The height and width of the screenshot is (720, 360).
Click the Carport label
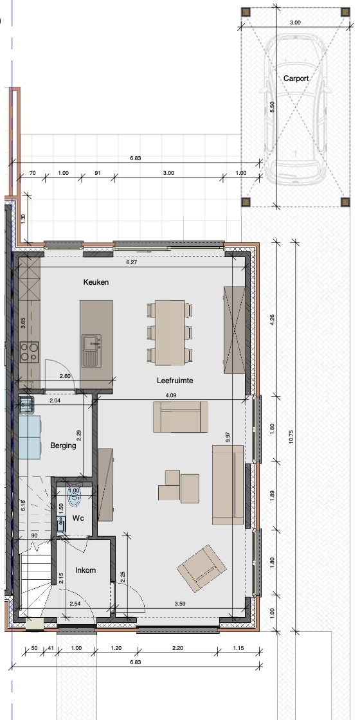(296, 78)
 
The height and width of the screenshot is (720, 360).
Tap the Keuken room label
(96, 282)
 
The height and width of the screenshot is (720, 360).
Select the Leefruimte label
(174, 381)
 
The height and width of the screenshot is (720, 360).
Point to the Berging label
(64, 446)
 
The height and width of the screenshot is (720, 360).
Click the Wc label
(78, 518)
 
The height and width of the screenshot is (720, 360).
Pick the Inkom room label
(85, 570)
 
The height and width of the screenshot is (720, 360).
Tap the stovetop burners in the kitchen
(29, 352)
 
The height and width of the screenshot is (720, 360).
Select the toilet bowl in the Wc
(73, 498)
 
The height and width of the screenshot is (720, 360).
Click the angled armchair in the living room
(202, 568)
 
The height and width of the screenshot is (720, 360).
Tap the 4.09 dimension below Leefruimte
(171, 395)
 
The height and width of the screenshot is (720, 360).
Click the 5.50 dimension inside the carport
(273, 107)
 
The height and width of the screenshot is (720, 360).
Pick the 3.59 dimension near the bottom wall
(180, 604)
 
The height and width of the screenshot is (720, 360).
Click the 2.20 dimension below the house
(177, 649)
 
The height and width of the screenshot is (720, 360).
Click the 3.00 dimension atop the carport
(295, 22)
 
